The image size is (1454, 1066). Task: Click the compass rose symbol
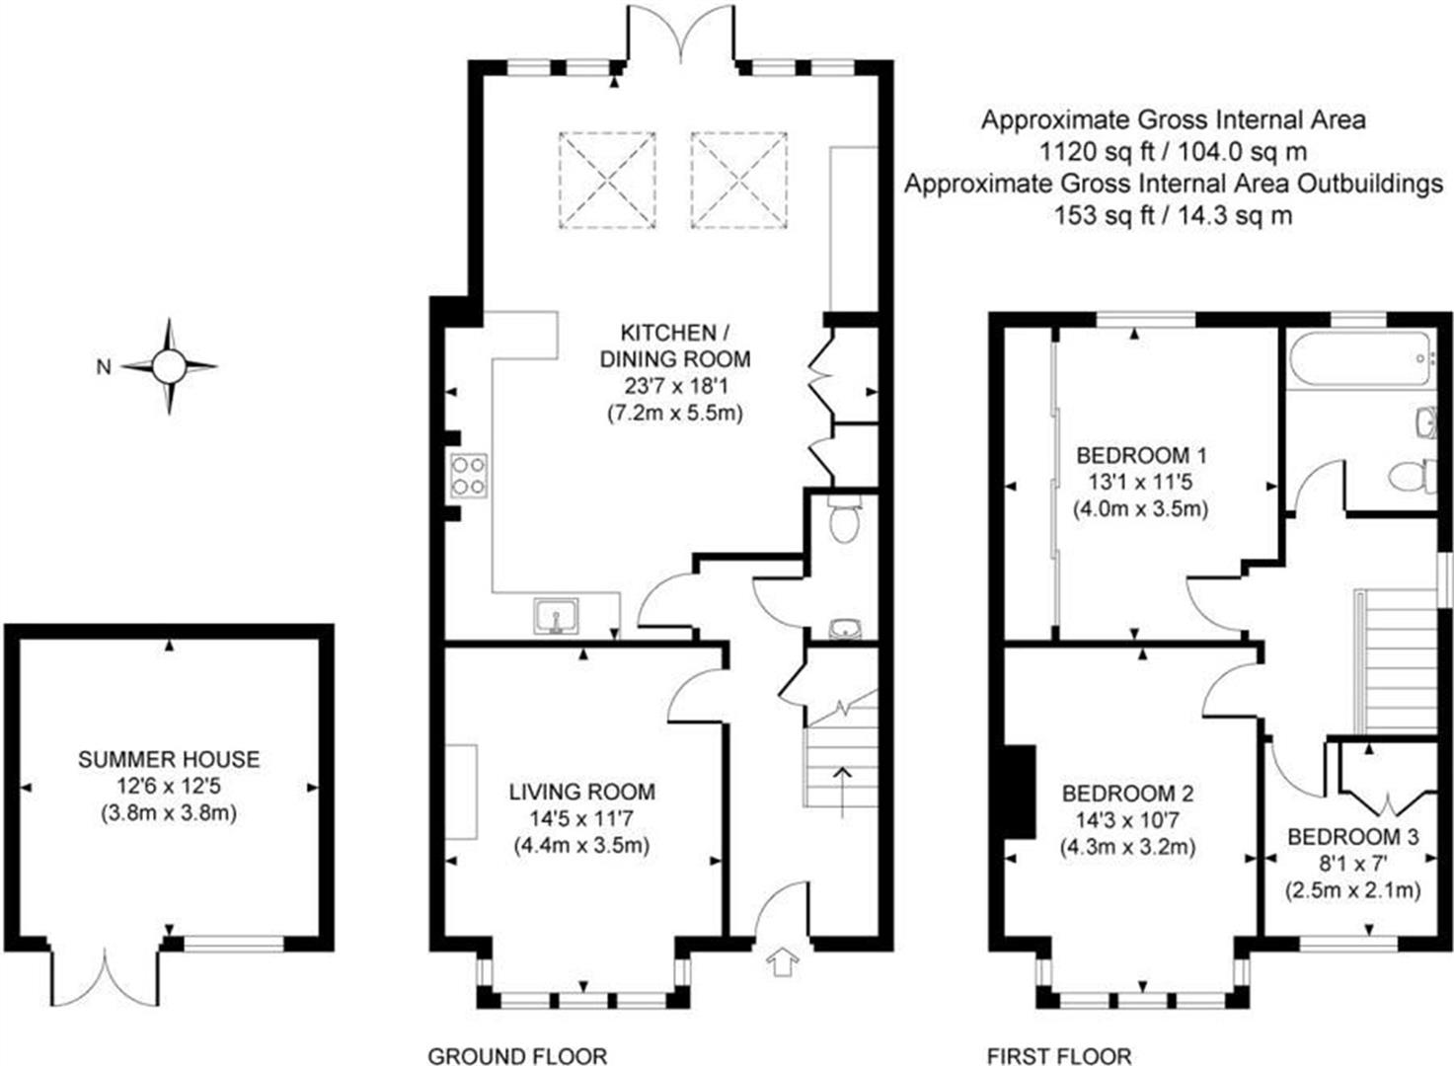[170, 367]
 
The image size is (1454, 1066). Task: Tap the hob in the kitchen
[469, 476]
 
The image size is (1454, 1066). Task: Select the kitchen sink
[557, 616]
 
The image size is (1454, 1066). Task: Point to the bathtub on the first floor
[1359, 361]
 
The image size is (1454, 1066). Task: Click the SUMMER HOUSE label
[169, 760]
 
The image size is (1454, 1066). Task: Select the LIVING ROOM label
[581, 792]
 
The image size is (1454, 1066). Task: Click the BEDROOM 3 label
[1352, 837]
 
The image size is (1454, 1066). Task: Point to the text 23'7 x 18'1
[675, 386]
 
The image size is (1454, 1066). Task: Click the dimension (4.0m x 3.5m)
[1141, 508]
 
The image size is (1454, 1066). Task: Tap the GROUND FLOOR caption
[518, 1056]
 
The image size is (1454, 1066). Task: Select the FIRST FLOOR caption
[1059, 1056]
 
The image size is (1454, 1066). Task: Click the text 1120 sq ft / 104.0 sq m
[1174, 152]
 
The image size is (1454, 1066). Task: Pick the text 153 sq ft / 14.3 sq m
[1174, 215]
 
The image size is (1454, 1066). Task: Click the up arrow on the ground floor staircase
[843, 792]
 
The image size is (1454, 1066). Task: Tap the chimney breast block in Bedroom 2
[1020, 792]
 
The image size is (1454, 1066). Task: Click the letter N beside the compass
[104, 367]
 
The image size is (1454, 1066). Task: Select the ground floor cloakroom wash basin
[845, 629]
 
